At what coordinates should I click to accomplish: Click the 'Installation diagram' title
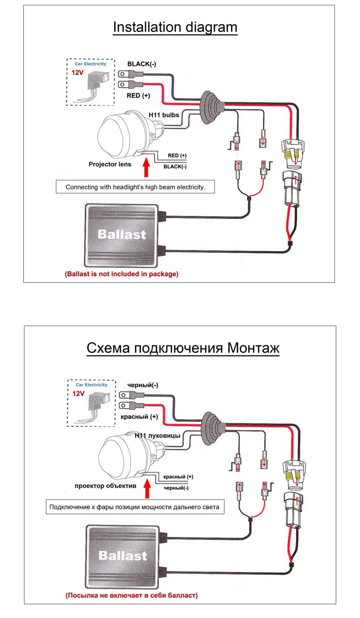tap(175, 27)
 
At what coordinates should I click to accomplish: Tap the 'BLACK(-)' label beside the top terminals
tap(142, 64)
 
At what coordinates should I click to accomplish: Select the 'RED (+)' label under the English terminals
tap(138, 96)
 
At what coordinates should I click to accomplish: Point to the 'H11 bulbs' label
tap(164, 115)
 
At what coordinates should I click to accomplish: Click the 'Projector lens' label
tap(110, 164)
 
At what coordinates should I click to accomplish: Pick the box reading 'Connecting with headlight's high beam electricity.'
tap(135, 187)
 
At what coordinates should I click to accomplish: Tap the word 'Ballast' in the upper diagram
tap(122, 235)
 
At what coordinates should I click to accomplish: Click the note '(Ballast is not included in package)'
tap(122, 274)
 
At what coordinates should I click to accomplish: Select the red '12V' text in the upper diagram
tap(78, 72)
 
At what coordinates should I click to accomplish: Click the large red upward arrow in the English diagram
tap(146, 168)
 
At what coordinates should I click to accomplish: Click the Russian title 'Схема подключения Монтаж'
tap(183, 348)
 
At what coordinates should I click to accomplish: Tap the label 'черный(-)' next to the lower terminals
tap(143, 385)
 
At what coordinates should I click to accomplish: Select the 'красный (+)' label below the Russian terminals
tap(139, 417)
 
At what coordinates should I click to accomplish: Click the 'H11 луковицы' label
tap(158, 435)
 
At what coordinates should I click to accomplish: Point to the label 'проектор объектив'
tap(106, 486)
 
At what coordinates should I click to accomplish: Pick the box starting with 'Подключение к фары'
tap(134, 507)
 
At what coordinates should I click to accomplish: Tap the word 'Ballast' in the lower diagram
tap(123, 556)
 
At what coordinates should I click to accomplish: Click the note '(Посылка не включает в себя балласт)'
tap(132, 595)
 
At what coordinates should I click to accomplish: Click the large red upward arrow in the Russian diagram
tap(147, 489)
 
